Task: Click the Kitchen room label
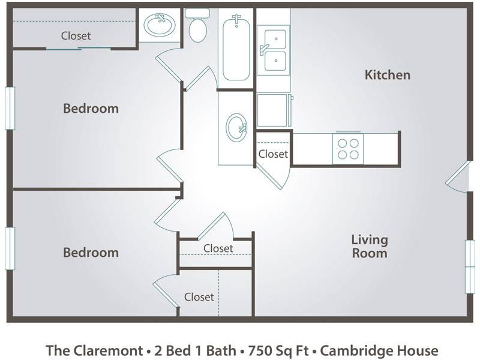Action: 387,75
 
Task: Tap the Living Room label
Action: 370,247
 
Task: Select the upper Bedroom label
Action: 91,109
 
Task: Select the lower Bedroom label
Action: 91,253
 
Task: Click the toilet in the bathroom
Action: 197,25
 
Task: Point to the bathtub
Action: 236,47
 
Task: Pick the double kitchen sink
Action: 274,50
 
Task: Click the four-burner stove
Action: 348,149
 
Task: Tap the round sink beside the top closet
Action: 160,25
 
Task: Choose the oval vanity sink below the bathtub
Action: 236,128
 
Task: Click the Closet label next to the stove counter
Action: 273,154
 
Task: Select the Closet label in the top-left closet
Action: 76,36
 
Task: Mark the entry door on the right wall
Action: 457,176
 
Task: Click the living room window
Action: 470,266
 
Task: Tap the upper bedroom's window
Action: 10,108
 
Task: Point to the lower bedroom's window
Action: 10,248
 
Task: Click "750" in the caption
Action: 259,350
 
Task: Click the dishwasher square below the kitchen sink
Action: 273,110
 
